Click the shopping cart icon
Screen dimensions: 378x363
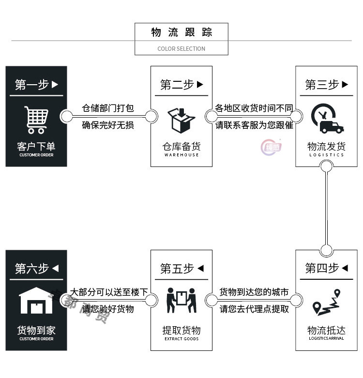click(36, 120)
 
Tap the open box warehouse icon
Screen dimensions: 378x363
click(181, 120)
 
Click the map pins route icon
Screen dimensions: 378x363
click(326, 302)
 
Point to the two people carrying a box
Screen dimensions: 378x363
click(181, 301)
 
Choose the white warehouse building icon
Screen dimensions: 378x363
click(36, 301)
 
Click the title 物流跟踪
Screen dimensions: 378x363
click(181, 32)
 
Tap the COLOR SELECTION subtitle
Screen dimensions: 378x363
click(181, 48)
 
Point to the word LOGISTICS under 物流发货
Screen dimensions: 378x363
click(327, 155)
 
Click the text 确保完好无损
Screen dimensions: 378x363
click(108, 125)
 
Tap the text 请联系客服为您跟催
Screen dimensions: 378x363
click(254, 125)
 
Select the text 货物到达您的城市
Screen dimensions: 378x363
click(254, 292)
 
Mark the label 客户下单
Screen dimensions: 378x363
click(36, 146)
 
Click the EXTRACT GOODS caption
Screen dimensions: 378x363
click(181, 339)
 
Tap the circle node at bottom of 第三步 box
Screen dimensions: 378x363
click(327, 166)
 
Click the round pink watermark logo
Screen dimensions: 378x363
click(271, 147)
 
